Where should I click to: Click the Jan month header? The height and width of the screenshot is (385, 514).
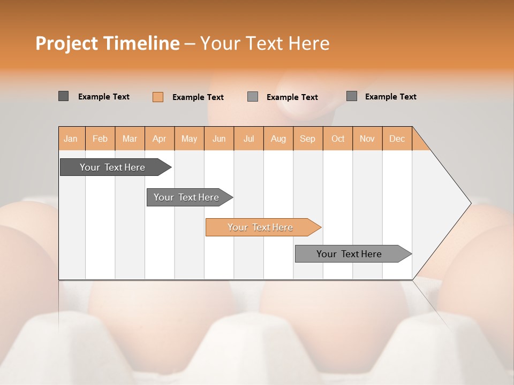(71, 138)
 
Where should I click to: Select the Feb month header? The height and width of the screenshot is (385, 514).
(100, 138)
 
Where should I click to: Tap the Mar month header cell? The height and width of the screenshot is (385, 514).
(130, 138)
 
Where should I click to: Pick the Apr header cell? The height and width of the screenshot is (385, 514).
(160, 138)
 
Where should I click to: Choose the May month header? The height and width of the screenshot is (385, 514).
(189, 138)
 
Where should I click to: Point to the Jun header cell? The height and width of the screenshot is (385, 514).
(219, 138)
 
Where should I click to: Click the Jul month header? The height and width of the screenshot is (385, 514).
(248, 138)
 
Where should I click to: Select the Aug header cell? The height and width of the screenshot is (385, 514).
(278, 138)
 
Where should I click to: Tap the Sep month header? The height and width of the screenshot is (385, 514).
(308, 138)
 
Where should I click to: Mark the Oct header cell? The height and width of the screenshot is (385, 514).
(338, 138)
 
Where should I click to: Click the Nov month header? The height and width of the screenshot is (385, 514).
(367, 138)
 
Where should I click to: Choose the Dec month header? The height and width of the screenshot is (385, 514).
(397, 138)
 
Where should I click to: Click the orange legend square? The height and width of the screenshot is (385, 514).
(158, 97)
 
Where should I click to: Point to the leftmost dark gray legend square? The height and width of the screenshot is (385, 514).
(64, 96)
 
